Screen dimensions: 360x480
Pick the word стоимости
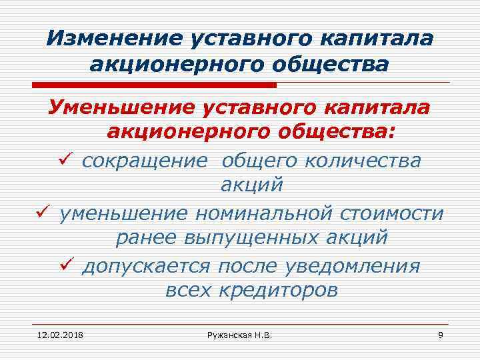(x=393, y=214)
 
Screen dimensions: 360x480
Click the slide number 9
(x=440, y=333)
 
